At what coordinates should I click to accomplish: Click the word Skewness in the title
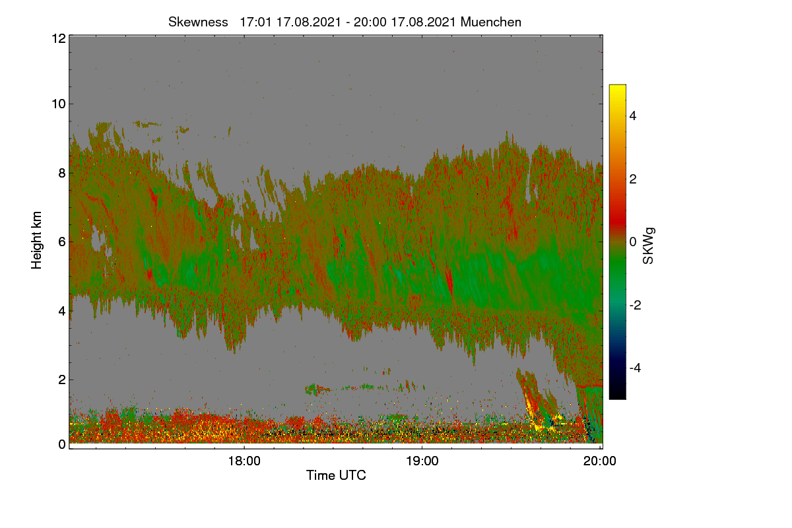tap(198, 22)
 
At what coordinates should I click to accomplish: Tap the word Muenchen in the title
tap(491, 22)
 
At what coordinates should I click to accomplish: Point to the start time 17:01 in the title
tap(255, 22)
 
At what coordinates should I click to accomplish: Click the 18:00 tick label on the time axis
tap(244, 461)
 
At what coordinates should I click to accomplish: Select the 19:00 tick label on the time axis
tap(422, 461)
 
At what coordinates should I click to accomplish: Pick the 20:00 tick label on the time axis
tap(600, 461)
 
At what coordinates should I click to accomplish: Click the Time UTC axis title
tap(336, 475)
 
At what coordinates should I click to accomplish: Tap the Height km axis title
tap(36, 240)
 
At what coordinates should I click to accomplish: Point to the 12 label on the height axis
tap(59, 38)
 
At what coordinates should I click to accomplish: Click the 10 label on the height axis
tap(59, 104)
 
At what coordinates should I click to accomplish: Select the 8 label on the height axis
tap(62, 174)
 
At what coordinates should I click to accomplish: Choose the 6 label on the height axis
tap(62, 242)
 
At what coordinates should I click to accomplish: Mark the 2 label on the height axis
tap(62, 379)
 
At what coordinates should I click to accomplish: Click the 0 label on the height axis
tap(62, 444)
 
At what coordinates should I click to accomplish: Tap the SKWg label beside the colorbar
tap(648, 246)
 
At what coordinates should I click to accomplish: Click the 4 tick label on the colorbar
tap(633, 116)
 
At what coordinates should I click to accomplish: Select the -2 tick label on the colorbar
tap(636, 305)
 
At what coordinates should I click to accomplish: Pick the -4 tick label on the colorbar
tap(636, 368)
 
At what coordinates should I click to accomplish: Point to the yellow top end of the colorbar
tap(617, 86)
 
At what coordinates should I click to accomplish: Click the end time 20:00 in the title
tap(370, 22)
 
